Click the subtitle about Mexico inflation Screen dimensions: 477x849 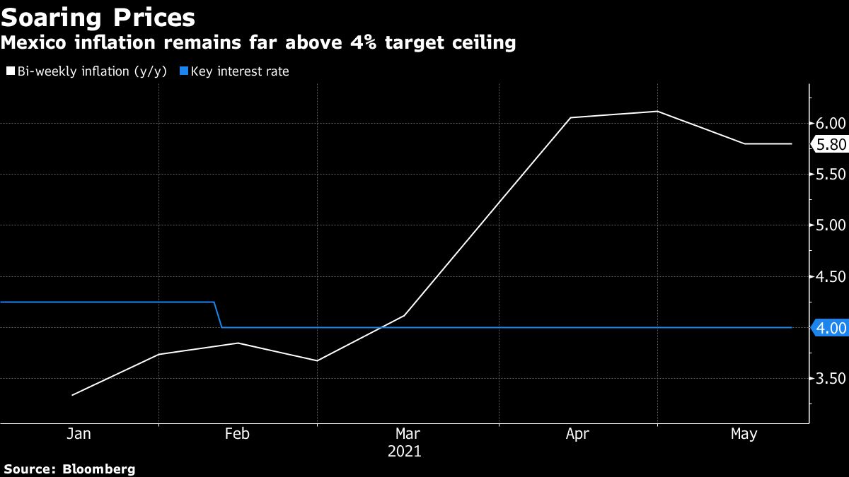pyautogui.click(x=258, y=43)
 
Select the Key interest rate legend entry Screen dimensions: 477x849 pyautogui.click(x=236, y=71)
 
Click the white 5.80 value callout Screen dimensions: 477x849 pyautogui.click(x=830, y=144)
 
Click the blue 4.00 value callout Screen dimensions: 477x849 pyautogui.click(x=829, y=328)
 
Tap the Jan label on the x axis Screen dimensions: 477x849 pyautogui.click(x=79, y=434)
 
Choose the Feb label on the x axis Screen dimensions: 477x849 pyautogui.click(x=236, y=434)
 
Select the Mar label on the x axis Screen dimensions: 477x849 pyautogui.click(x=408, y=434)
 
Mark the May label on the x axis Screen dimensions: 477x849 pyautogui.click(x=743, y=434)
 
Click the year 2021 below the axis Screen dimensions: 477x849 pyautogui.click(x=404, y=451)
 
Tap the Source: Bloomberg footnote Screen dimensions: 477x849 pyautogui.click(x=69, y=469)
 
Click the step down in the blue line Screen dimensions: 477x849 pyautogui.click(x=218, y=315)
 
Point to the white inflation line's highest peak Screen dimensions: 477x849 pyautogui.click(x=657, y=111)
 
